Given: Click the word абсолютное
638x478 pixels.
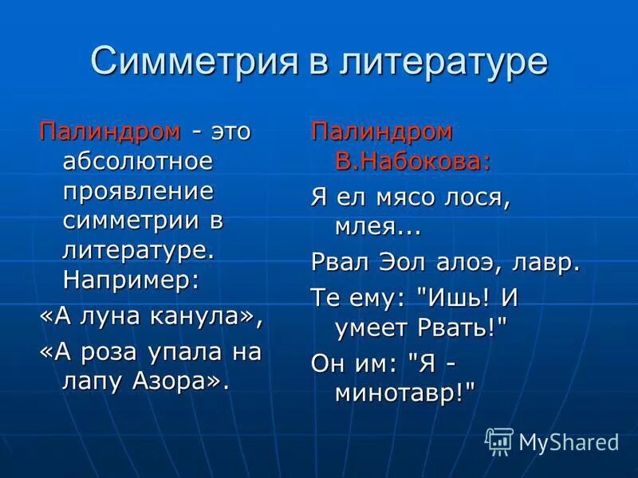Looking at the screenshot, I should tap(138, 163).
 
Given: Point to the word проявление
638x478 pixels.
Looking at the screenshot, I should tap(138, 192).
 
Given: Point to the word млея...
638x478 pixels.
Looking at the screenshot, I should tap(367, 228).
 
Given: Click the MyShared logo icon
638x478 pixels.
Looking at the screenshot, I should tap(499, 441).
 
